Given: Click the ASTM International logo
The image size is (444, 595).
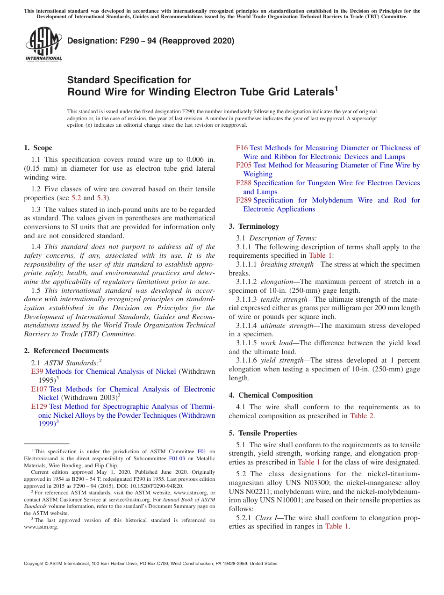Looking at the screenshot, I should pyautogui.click(x=43, y=45).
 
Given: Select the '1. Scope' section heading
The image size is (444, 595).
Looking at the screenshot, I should pyautogui.click(x=38, y=148).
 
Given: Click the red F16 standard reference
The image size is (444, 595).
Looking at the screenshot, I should pyautogui.click(x=242, y=148).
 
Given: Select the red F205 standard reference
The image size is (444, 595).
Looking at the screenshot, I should pyautogui.click(x=243, y=165).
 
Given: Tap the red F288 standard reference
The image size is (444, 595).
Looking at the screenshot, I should pyautogui.click(x=243, y=183).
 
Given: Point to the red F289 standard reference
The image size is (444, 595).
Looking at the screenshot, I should pyautogui.click(x=243, y=200).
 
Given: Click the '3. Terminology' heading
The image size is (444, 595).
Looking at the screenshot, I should pyautogui.click(x=254, y=226).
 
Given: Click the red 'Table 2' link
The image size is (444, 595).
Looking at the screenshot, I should pyautogui.click(x=361, y=416).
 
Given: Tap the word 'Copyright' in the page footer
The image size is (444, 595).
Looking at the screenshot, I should pyautogui.click(x=35, y=564).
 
